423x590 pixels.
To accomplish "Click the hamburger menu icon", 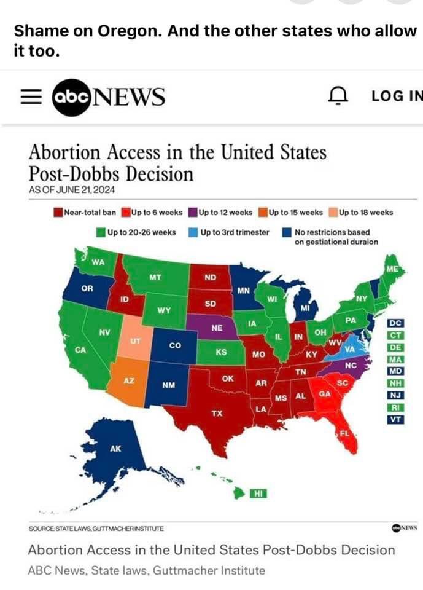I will pos(30,97).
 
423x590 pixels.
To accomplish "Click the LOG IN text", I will pos(397,96).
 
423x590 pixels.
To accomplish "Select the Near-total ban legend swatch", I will pos(58,213).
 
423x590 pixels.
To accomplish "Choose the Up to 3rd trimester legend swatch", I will pos(193,233).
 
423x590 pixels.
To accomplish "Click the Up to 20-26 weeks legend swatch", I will pos(100,233).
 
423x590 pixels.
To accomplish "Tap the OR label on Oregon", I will pos(87,288).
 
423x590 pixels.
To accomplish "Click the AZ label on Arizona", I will pos(129,381).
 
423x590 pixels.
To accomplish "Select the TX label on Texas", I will pos(216,413).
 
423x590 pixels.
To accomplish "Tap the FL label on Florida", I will pos(344,434).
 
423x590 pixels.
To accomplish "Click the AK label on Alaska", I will pos(115,449).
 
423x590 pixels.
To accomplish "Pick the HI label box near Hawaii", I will pos(258,493).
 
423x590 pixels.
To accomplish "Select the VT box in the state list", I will pos(395,419).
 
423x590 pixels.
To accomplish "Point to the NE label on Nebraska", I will pos(216,328).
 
